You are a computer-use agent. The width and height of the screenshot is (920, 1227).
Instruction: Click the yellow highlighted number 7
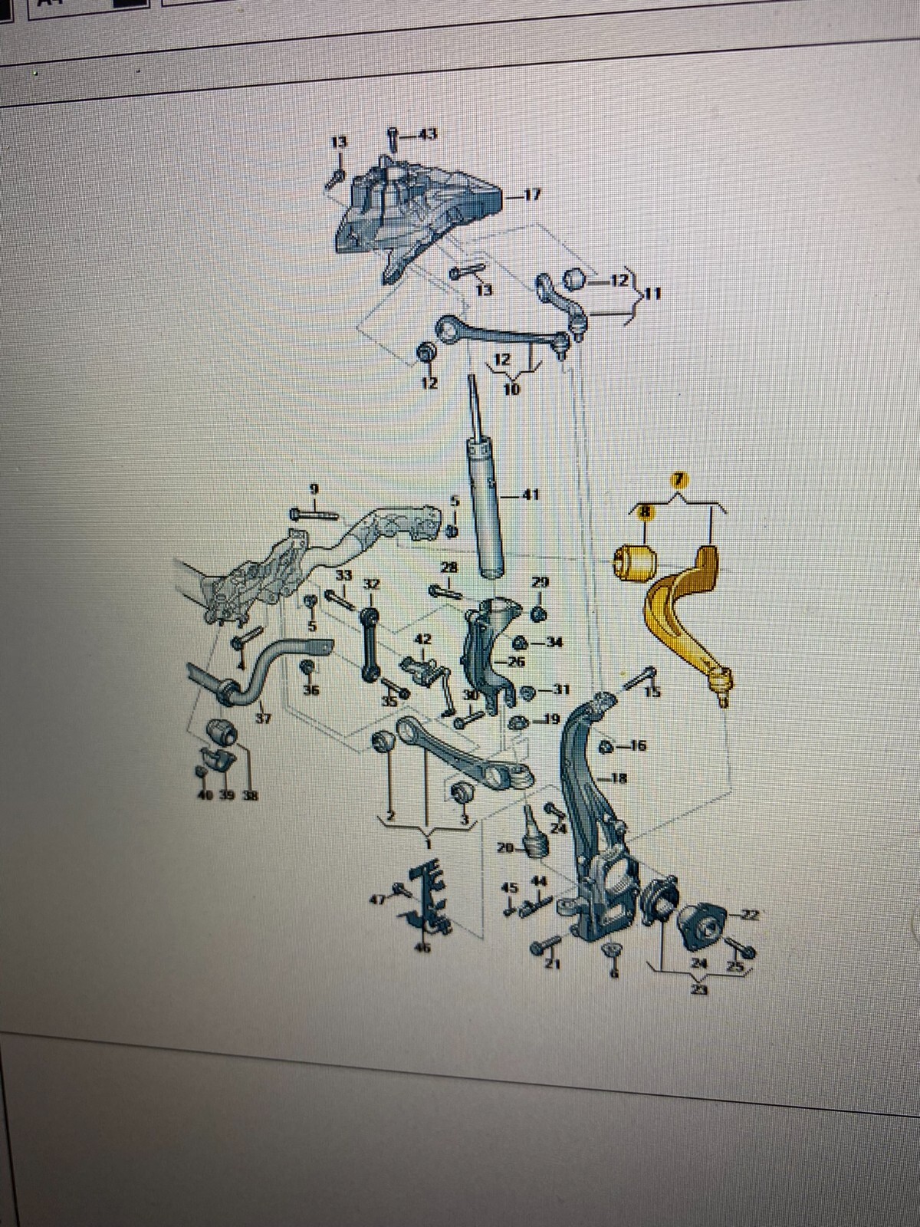[678, 480]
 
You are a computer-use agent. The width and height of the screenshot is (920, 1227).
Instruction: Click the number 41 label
[531, 495]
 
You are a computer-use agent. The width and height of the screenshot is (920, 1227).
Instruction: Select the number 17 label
[532, 195]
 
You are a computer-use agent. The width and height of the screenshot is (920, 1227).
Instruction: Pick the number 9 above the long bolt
[314, 488]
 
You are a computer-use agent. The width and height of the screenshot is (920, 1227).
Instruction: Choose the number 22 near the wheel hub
[750, 913]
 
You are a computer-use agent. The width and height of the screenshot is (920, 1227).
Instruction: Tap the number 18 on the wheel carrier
[619, 778]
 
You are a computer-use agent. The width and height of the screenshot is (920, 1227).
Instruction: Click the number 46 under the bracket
[422, 949]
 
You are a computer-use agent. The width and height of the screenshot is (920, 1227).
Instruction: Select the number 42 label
[422, 639]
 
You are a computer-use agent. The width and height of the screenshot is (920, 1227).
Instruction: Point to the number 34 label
[554, 642]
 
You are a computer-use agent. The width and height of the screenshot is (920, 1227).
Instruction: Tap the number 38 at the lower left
[250, 795]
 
